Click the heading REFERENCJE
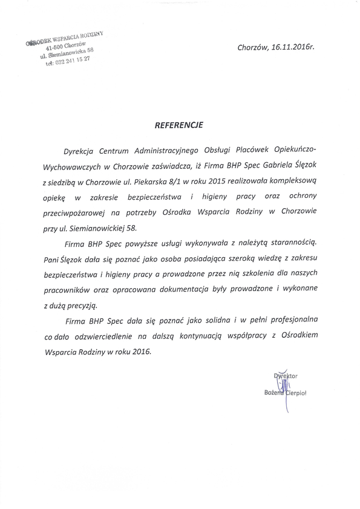(180, 128)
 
